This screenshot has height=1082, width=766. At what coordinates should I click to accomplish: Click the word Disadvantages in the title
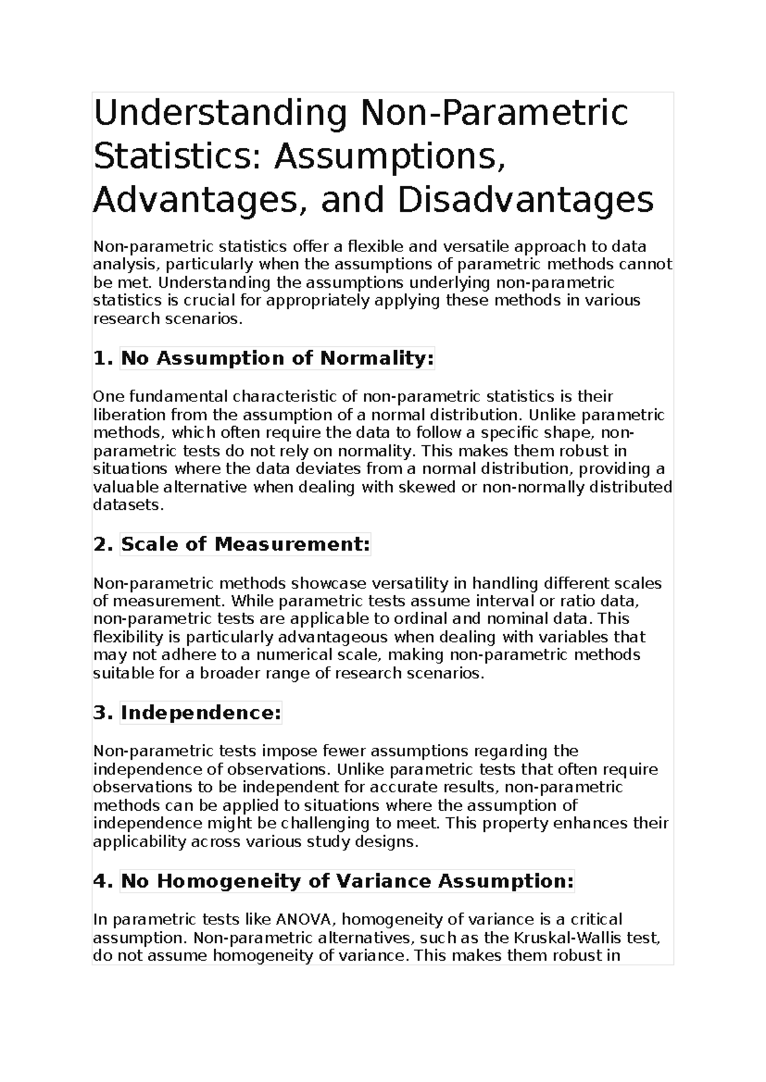(x=526, y=200)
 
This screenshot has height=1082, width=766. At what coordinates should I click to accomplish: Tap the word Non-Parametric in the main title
(x=495, y=113)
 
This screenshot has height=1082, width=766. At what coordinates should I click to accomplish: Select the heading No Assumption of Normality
(x=277, y=359)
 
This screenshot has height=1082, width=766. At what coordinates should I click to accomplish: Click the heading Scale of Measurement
(x=245, y=544)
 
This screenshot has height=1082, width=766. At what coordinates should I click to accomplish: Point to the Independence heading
(x=200, y=713)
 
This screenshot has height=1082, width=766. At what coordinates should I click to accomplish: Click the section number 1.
(x=103, y=359)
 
